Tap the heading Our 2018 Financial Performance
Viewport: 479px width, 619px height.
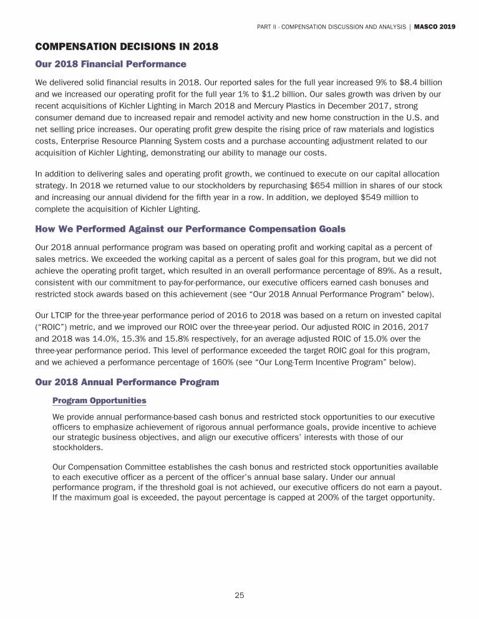click(110, 64)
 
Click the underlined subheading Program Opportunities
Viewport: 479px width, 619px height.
click(99, 400)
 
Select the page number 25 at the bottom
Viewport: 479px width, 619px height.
click(239, 595)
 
